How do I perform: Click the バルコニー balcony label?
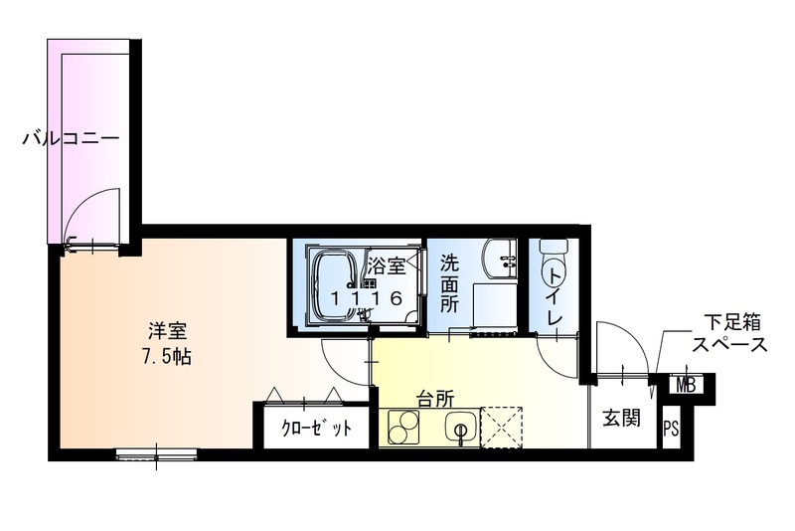[71, 138]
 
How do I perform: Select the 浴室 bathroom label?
[386, 266]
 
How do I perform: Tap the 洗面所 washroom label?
[449, 283]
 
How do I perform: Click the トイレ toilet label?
[556, 293]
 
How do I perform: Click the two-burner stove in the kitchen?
[404, 429]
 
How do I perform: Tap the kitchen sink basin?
[460, 429]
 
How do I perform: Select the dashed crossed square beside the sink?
[503, 428]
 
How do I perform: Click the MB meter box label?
[686, 385]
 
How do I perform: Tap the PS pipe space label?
[672, 430]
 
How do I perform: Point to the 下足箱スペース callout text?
[730, 334]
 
